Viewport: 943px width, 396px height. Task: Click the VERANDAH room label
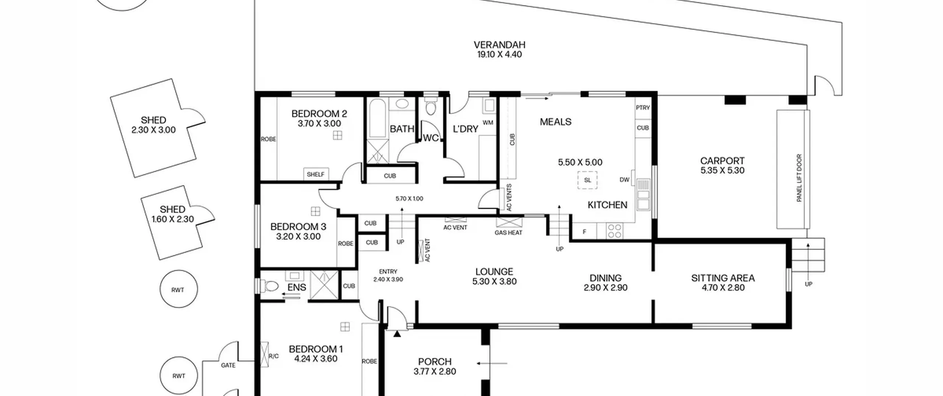pos(499,45)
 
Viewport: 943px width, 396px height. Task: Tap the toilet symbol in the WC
pos(430,106)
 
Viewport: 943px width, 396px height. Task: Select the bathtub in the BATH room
pos(377,118)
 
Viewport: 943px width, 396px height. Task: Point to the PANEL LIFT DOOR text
pos(799,178)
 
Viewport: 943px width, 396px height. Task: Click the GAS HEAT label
pos(508,232)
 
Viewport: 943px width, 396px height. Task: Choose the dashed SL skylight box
pos(588,180)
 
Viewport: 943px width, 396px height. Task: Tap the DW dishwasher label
pos(624,180)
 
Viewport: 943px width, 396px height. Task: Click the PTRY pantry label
pos(643,108)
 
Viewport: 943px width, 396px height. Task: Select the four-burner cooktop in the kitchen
pos(614,231)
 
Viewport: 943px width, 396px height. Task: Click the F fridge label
pos(584,232)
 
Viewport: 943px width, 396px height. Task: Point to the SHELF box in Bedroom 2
pos(316,174)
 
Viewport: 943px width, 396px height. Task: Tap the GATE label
pos(228,365)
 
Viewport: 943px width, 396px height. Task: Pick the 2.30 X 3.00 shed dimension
pos(154,130)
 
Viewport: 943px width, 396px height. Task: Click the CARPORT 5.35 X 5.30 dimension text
pos(722,170)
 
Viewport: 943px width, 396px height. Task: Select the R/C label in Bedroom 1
pos(274,356)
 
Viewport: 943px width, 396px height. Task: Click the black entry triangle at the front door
pos(397,334)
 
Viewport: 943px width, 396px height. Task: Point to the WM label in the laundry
pos(488,122)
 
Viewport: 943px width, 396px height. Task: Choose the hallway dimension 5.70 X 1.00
pos(409,199)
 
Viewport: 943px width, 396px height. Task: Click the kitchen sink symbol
pos(643,194)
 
